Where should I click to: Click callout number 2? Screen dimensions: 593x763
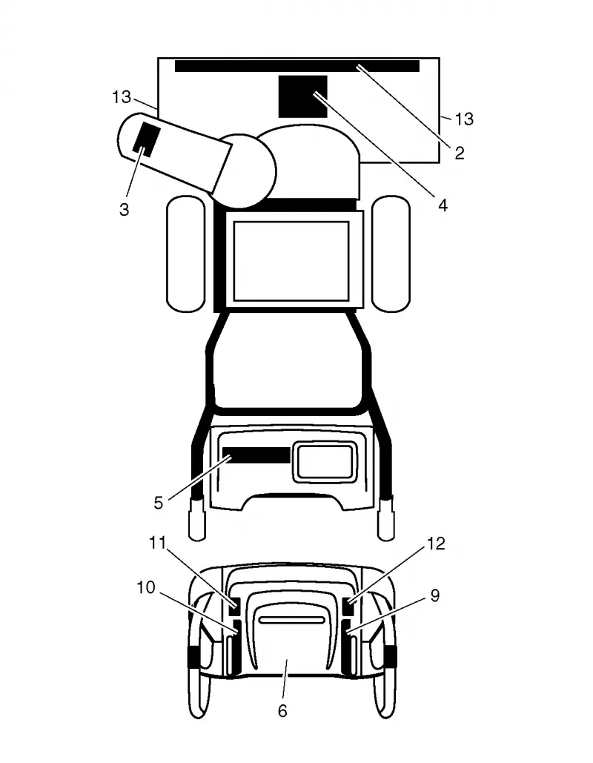click(460, 153)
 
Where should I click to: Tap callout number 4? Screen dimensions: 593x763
click(443, 205)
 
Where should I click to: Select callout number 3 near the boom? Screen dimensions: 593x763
click(124, 210)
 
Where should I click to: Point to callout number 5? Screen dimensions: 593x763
click(158, 503)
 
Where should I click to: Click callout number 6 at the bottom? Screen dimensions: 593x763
click(282, 711)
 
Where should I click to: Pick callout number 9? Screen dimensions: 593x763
click(435, 595)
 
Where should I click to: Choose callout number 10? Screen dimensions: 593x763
click(145, 587)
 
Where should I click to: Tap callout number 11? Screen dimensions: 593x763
click(158, 543)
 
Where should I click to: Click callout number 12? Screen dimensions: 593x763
click(437, 543)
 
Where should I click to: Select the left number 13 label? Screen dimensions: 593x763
click(122, 97)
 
